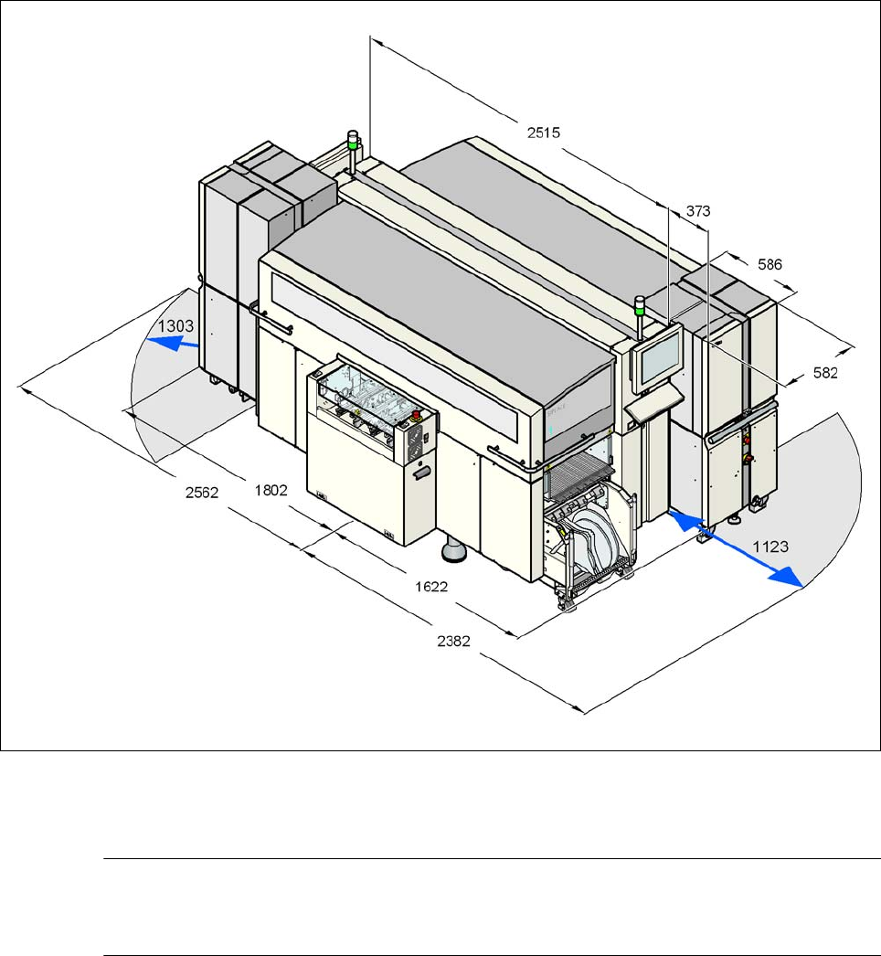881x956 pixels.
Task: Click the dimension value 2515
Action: point(543,133)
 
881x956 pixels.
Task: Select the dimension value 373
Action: point(698,211)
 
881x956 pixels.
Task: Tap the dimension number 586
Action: point(770,264)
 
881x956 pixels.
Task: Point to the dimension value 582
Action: point(825,373)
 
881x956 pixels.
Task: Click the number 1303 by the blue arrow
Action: point(175,326)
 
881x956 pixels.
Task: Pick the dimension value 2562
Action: point(202,492)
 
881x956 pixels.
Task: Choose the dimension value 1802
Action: point(271,490)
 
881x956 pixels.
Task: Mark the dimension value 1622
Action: point(431,587)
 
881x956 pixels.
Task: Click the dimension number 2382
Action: point(453,641)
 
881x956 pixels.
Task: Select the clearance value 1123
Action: point(770,547)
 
